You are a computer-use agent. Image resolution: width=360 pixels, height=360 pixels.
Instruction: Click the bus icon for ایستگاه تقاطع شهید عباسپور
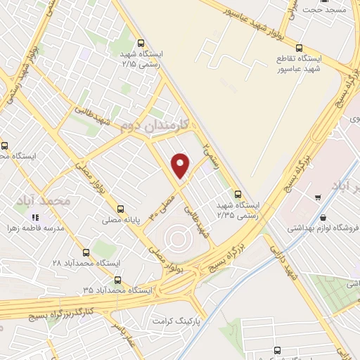click(x=300, y=49)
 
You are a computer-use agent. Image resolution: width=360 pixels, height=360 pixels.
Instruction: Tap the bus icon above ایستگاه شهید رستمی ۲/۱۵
click(x=141, y=41)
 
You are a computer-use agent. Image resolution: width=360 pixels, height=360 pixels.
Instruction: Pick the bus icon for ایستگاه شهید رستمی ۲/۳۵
click(x=238, y=194)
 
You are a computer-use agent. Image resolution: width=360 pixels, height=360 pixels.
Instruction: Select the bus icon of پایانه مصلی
click(x=121, y=209)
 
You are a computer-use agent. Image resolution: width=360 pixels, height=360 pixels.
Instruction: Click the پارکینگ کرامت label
click(x=161, y=321)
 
